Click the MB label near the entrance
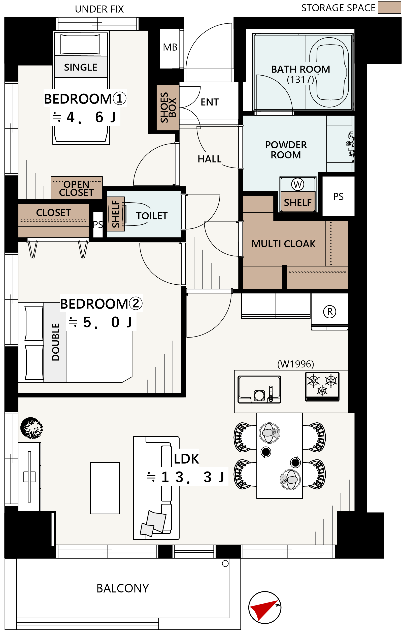[x=170, y=47]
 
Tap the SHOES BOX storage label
[x=168, y=107]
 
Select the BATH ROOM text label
[x=300, y=69]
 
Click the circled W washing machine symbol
[x=298, y=184]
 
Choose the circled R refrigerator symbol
[x=330, y=312]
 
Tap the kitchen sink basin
[x=259, y=389]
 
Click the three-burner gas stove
[x=322, y=386]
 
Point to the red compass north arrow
[x=263, y=610]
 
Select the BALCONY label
[x=123, y=588]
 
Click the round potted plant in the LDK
[x=32, y=428]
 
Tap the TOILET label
[x=152, y=216]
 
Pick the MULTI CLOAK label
[x=284, y=244]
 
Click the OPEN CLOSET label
[x=77, y=188]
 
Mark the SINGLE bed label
[x=81, y=67]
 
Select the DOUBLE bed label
[x=56, y=342]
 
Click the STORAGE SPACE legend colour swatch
[x=389, y=7]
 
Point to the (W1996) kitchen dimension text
[x=295, y=364]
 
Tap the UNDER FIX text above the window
[x=99, y=9]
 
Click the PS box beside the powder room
[x=338, y=196]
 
